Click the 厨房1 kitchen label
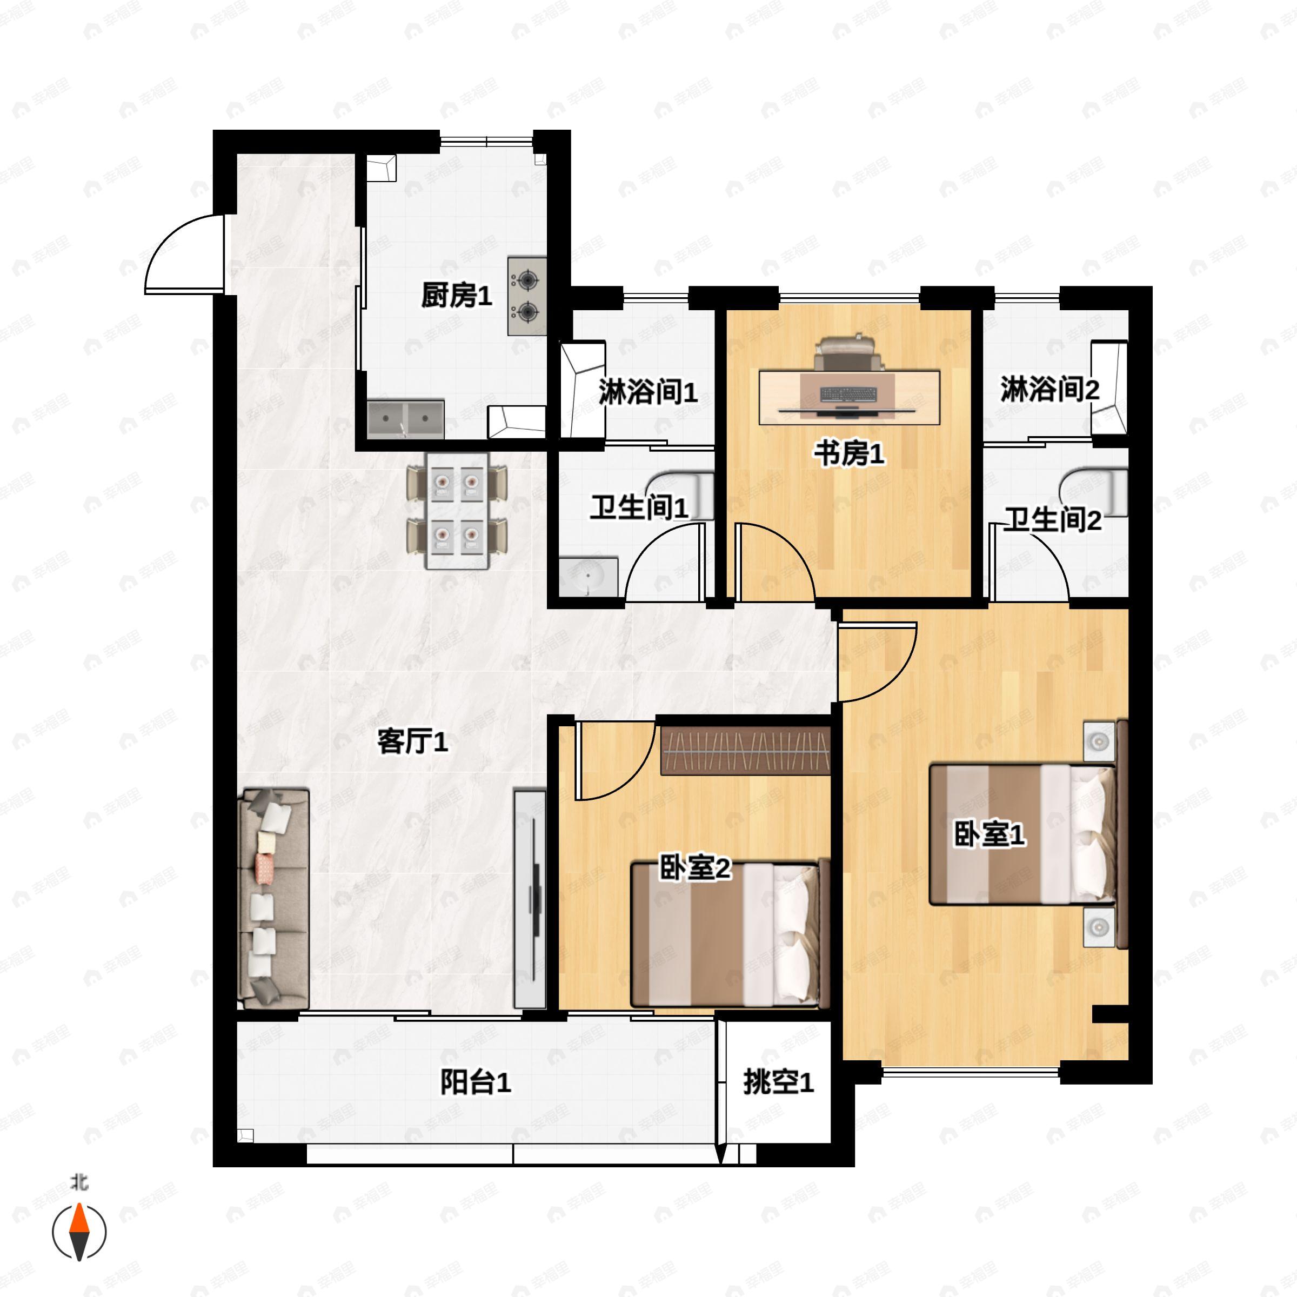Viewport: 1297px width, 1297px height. pos(457,296)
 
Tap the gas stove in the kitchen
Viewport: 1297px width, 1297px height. pos(527,296)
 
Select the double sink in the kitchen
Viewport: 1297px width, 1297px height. pos(405,419)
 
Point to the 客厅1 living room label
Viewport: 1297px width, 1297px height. pos(412,742)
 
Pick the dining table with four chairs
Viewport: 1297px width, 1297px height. pos(457,511)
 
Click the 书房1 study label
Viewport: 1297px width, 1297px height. pos(849,454)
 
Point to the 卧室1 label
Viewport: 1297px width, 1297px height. pos(990,835)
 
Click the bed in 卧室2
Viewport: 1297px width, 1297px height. pos(726,934)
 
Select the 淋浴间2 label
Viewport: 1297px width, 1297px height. pos(1050,389)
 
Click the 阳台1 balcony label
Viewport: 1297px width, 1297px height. pos(476,1082)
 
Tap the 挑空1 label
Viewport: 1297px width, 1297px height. pos(779,1082)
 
